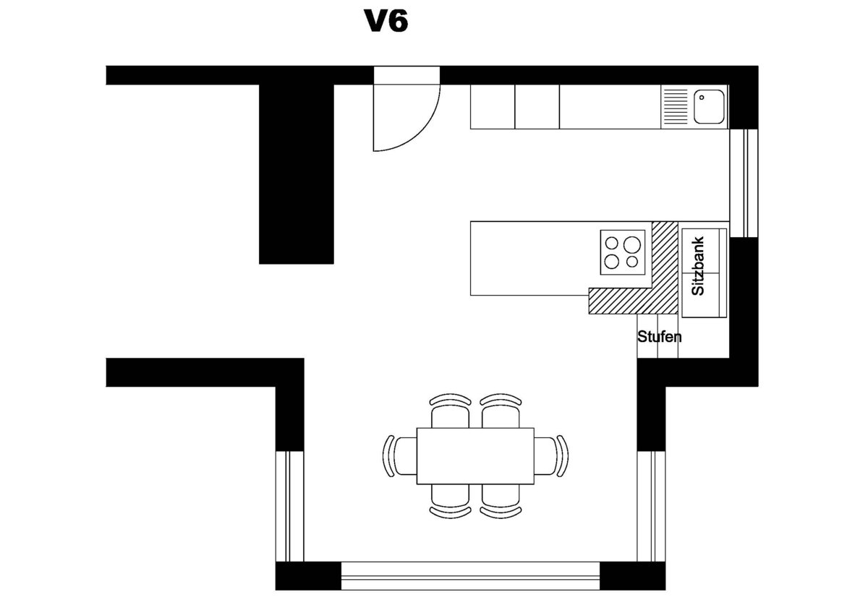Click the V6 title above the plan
386,22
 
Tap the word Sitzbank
698,265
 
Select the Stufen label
659,337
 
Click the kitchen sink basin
709,107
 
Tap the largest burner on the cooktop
634,244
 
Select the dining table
475,455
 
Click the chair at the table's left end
396,455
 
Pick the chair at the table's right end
556,455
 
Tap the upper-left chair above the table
450,410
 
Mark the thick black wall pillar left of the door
297,173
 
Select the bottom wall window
470,575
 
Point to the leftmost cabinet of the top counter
493,107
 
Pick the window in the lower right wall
651,506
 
